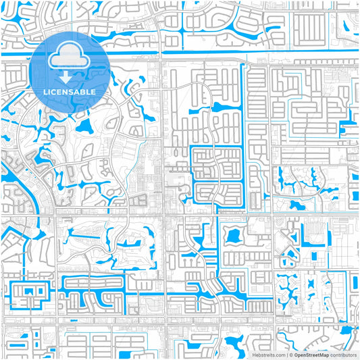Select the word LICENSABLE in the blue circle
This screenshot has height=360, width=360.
click(70, 92)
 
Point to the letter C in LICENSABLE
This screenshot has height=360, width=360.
click(55, 92)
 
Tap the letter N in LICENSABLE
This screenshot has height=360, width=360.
click(66, 92)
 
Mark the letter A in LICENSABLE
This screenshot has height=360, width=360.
click(78, 92)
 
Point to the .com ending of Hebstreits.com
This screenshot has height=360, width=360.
click(280, 354)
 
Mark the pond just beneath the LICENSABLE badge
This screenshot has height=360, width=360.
click(84, 126)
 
